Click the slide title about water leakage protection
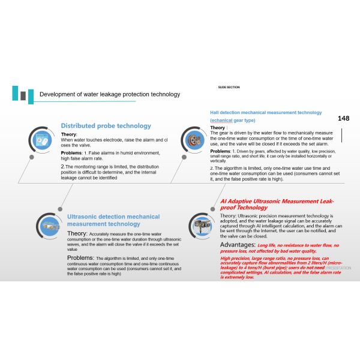pyautogui.click(x=109, y=94)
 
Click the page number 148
pyautogui.click(x=343, y=118)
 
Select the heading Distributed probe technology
pyautogui.click(x=106, y=126)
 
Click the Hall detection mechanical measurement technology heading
pyautogui.click(x=266, y=112)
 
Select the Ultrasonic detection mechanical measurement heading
pyautogui.click(x=113, y=220)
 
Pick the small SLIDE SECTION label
pyautogui.click(x=229, y=87)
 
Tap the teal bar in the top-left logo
pyautogui.click(x=15, y=93)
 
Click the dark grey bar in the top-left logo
pyautogui.click(x=23, y=96)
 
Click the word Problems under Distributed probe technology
pyautogui.click(x=71, y=153)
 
